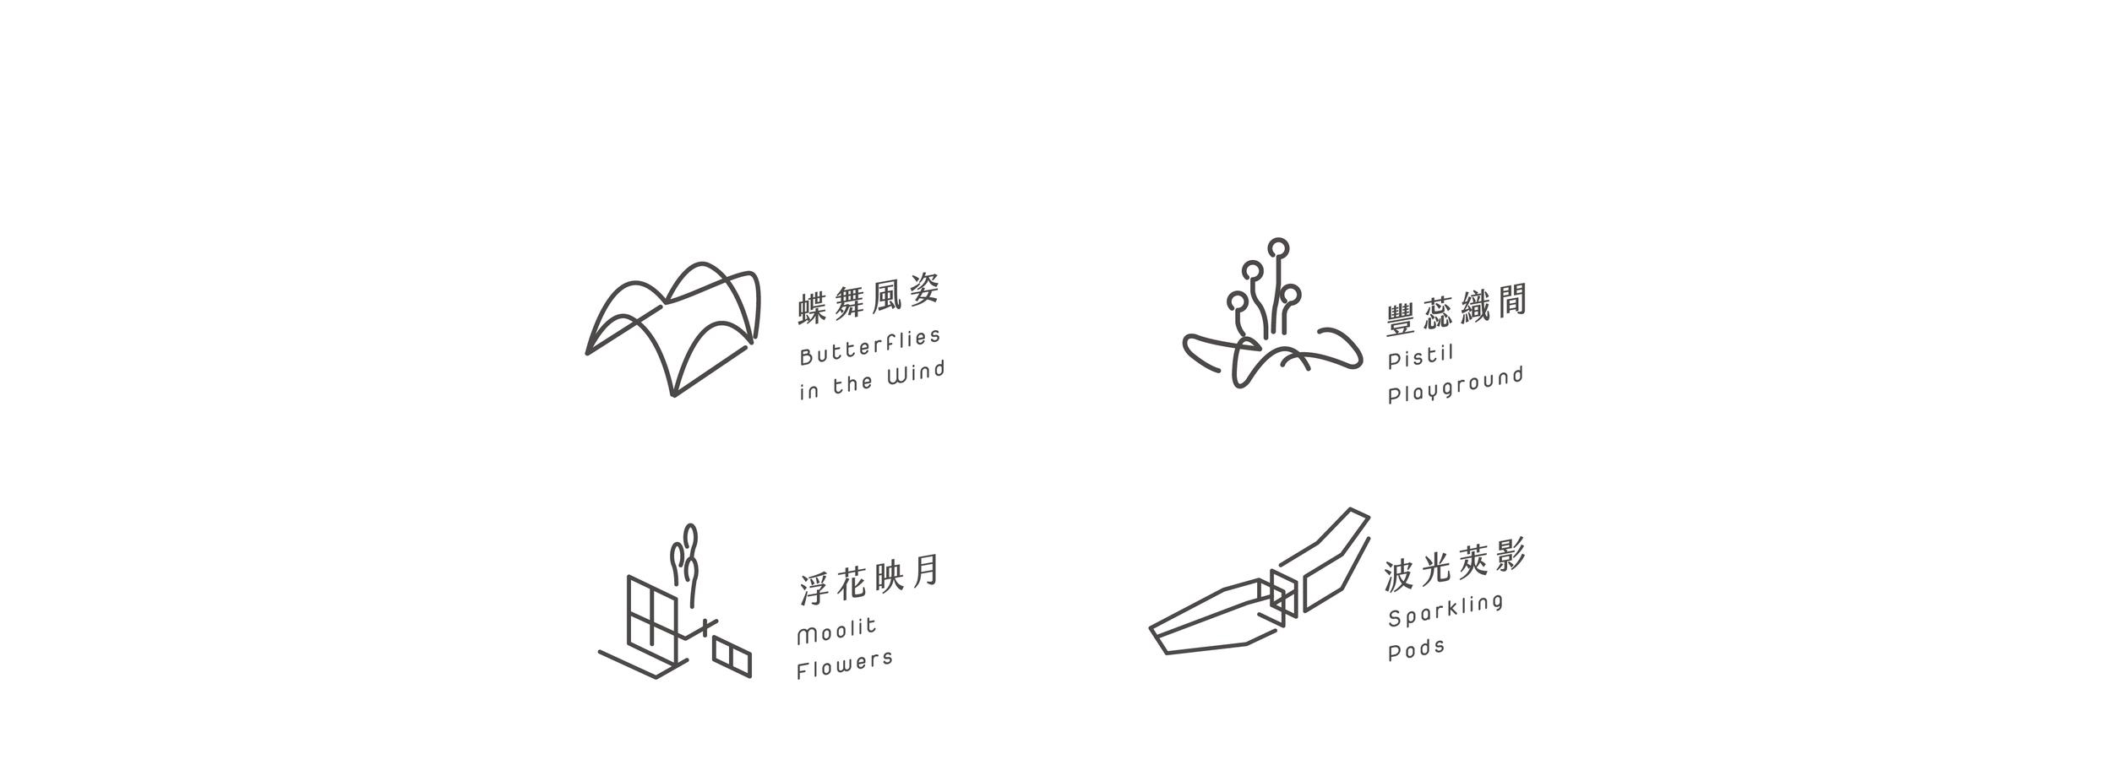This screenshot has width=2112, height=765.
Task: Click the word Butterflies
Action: coord(870,347)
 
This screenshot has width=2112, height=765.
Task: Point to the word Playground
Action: coord(1456,385)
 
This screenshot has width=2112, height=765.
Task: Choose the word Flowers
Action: coord(845,665)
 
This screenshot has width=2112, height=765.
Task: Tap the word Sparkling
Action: coord(1445,610)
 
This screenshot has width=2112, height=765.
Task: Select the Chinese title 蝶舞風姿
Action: coord(868,298)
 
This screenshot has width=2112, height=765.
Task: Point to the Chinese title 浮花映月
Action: coord(868,579)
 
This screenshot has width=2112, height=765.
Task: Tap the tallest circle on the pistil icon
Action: coord(1278,247)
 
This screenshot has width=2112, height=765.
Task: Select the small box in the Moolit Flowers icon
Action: coord(732,657)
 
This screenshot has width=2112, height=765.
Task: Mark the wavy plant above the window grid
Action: coord(685,564)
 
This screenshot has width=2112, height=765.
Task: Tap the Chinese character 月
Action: coord(926,572)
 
